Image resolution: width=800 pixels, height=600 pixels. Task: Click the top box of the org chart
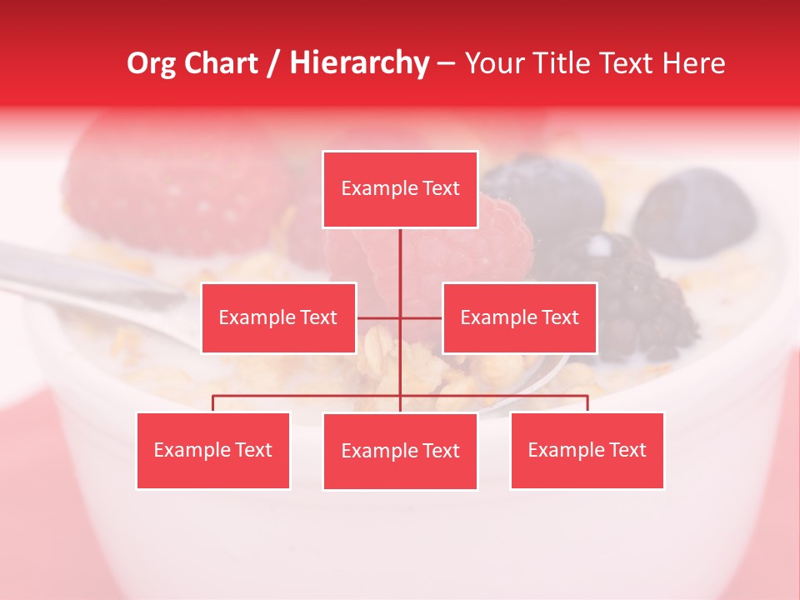[400, 189]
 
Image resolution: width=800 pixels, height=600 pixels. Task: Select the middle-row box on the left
[278, 317]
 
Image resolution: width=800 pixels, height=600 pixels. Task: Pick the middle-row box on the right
[519, 317]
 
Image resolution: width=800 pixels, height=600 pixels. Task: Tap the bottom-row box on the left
[213, 450]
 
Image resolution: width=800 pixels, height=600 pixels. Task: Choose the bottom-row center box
[400, 451]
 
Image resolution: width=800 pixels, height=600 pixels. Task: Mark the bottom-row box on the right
[587, 450]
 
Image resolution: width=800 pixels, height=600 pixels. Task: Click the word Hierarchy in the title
[359, 63]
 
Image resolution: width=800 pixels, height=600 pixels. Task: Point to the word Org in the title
[151, 63]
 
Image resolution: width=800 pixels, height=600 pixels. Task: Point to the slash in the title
[273, 63]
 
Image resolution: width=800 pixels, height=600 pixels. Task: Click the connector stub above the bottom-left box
[213, 403]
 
